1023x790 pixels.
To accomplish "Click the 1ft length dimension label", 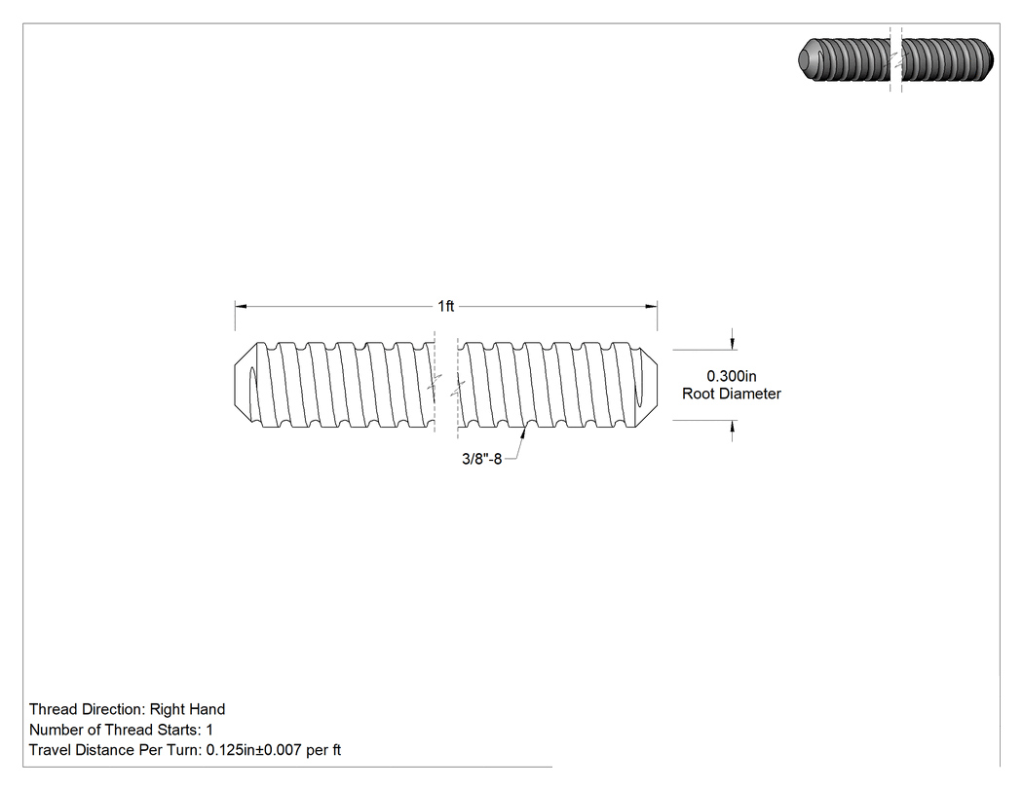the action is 445,306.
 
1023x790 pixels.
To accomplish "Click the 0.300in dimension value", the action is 732,376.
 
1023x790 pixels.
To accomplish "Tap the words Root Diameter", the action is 732,394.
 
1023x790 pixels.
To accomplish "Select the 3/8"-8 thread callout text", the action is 481,459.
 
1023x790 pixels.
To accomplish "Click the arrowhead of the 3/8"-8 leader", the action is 523,433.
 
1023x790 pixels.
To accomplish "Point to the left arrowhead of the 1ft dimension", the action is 241,306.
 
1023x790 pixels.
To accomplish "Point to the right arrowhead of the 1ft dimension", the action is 651,306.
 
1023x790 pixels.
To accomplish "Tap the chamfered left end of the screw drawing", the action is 245,385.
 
